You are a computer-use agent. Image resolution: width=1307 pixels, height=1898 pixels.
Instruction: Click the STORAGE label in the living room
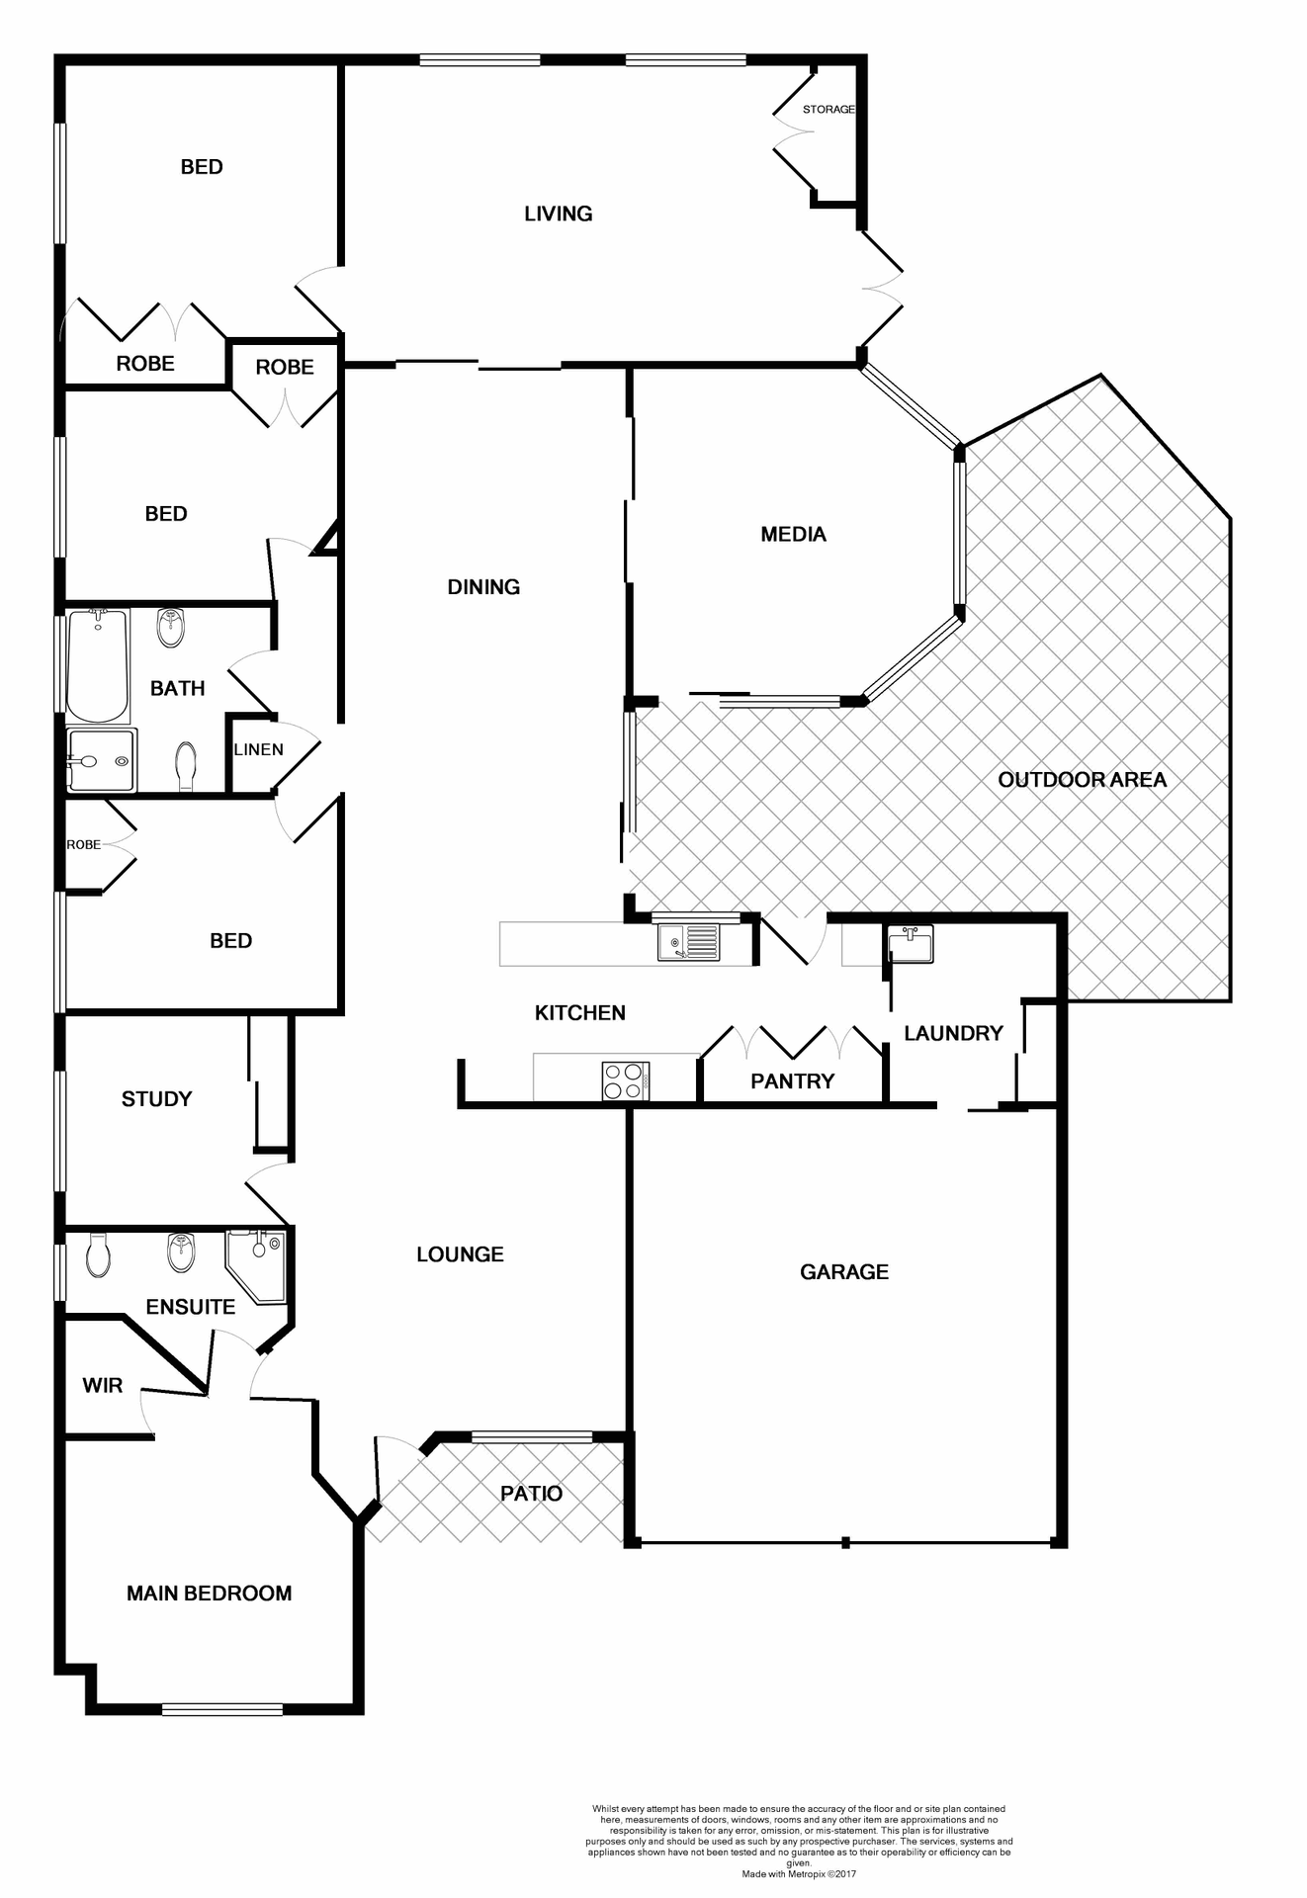tap(828, 110)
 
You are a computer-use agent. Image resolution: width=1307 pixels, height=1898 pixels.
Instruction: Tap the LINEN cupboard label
tap(258, 749)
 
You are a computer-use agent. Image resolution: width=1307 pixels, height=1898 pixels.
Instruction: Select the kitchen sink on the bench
tap(688, 941)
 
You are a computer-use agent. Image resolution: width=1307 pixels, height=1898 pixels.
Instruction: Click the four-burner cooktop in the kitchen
tap(625, 1080)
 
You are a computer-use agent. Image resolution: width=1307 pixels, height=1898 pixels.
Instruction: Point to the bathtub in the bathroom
tap(98, 665)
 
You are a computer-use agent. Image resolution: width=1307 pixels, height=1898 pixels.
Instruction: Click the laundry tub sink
tap(910, 945)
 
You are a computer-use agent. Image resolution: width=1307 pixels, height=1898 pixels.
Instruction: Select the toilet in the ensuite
tap(99, 1254)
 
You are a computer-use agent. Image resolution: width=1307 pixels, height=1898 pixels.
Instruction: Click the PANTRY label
tap(792, 1081)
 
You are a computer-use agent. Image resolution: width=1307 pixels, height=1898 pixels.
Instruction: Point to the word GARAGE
tap(843, 1272)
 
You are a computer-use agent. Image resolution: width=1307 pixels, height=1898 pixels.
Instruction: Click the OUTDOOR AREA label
tap(1082, 780)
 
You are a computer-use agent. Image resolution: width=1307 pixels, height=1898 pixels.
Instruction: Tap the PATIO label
tap(531, 1494)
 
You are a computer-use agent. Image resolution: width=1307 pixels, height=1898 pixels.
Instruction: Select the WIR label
tap(103, 1386)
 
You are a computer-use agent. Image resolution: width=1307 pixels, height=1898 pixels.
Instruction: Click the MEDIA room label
tap(793, 535)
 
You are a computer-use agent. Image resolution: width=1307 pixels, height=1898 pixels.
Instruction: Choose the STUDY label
tap(156, 1099)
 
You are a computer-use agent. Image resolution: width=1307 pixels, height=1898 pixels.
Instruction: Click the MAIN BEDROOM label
tap(209, 1594)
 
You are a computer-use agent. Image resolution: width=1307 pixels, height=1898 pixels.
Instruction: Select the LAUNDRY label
tap(953, 1034)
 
